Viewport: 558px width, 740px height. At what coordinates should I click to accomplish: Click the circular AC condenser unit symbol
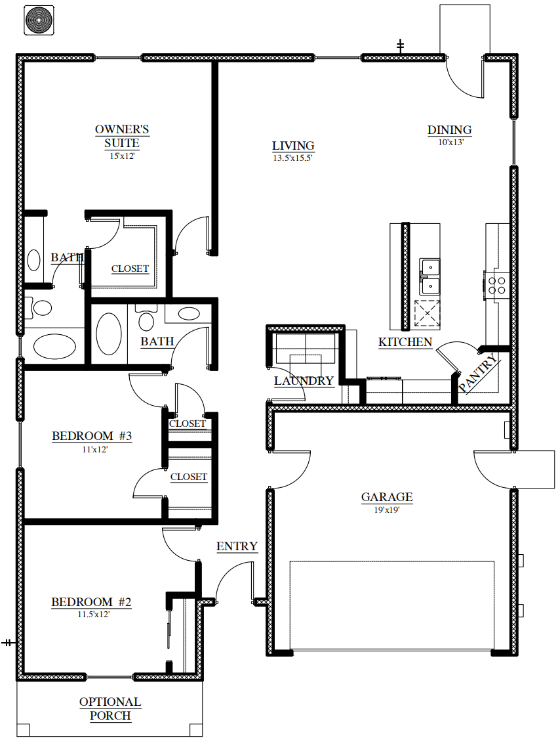39,20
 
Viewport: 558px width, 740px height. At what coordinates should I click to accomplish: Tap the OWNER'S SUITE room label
122,136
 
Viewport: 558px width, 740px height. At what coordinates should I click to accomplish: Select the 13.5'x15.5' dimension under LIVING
292,158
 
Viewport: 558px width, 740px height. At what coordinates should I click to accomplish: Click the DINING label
450,130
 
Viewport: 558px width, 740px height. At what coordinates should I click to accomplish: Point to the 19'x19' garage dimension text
387,510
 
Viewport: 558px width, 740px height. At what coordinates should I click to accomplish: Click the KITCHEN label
405,342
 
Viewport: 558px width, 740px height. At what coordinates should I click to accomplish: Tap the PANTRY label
478,374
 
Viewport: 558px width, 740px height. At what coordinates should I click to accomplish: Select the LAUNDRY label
304,381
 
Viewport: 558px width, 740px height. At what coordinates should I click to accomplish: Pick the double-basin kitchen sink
429,276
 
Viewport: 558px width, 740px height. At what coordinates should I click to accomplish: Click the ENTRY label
237,546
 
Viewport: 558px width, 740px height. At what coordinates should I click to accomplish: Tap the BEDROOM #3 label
92,435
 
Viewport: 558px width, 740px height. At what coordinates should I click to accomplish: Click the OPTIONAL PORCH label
110,708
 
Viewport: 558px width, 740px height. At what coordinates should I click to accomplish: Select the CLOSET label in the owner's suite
130,269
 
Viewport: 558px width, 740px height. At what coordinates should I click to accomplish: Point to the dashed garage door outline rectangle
391,605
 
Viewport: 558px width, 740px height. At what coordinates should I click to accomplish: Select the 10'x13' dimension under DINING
450,142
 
